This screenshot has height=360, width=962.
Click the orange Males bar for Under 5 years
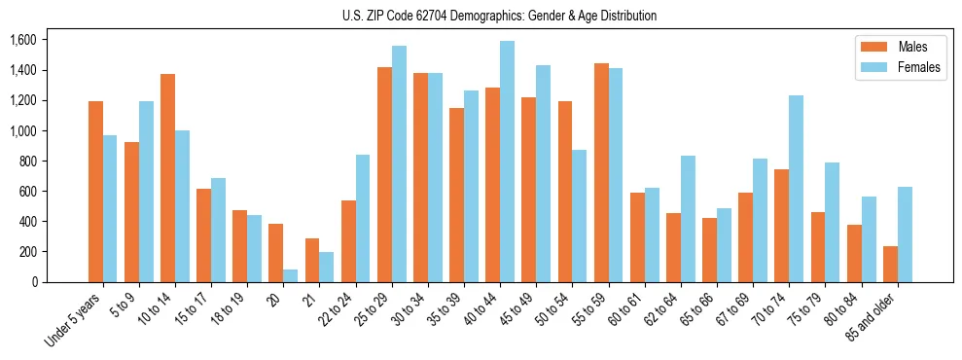click(95, 192)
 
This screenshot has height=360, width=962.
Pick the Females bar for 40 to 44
click(507, 162)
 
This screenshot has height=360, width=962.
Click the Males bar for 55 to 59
click(601, 172)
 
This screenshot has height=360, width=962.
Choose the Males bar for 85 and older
click(890, 264)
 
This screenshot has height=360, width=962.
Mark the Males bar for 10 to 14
click(167, 178)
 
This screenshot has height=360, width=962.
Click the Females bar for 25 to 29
click(399, 163)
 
